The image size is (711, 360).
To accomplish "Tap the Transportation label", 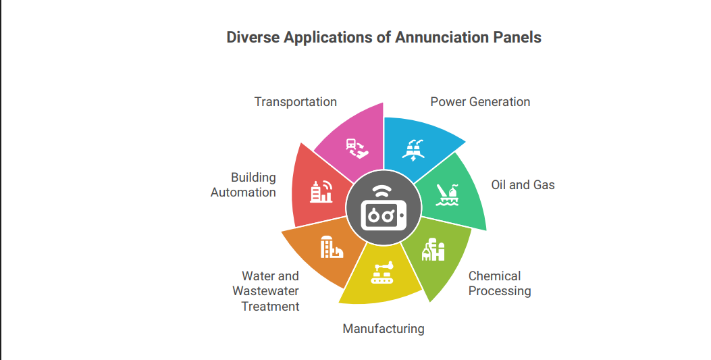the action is (x=296, y=102).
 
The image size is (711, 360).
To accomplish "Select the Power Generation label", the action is (x=480, y=102).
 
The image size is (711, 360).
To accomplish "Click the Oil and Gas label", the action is (x=523, y=185).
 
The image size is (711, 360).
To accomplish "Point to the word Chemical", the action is (x=495, y=276).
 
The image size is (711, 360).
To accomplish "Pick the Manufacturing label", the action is (x=384, y=329).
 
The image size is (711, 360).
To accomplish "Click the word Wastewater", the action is (x=266, y=291).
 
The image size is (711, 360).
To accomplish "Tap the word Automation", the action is (x=244, y=192).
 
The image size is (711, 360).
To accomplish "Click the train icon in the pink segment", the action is (x=357, y=148).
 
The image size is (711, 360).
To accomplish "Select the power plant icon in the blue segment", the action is (x=413, y=150).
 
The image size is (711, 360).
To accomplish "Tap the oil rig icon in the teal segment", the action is (x=448, y=195).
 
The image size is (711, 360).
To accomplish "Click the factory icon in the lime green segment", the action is (x=433, y=249).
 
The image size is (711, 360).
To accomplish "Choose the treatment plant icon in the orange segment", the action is (x=332, y=247).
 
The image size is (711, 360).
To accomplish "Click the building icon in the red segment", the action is (x=321, y=191).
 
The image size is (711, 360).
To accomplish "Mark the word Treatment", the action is (x=270, y=307).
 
